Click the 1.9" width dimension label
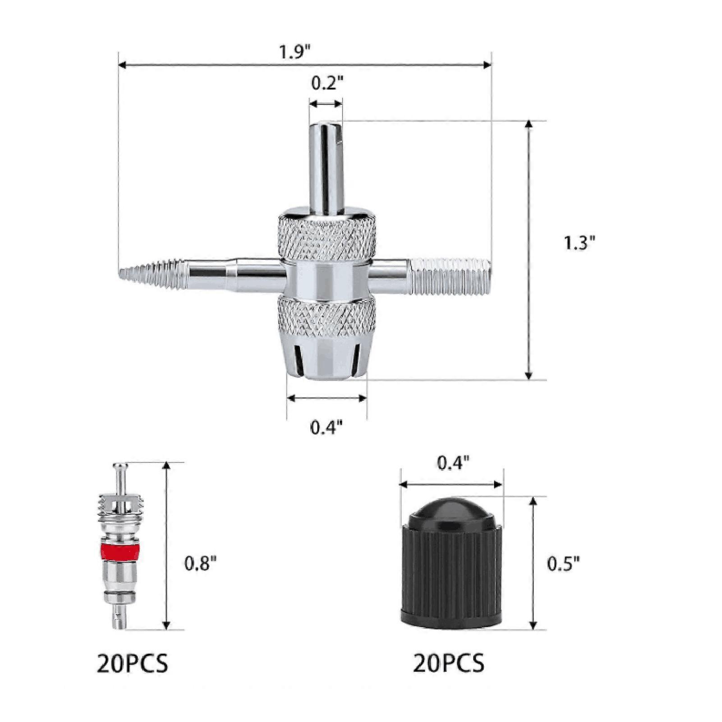coord(296,52)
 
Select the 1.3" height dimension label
coord(580,244)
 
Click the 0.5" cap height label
coord(563,564)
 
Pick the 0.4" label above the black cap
coord(453,464)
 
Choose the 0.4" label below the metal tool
coord(327,427)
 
